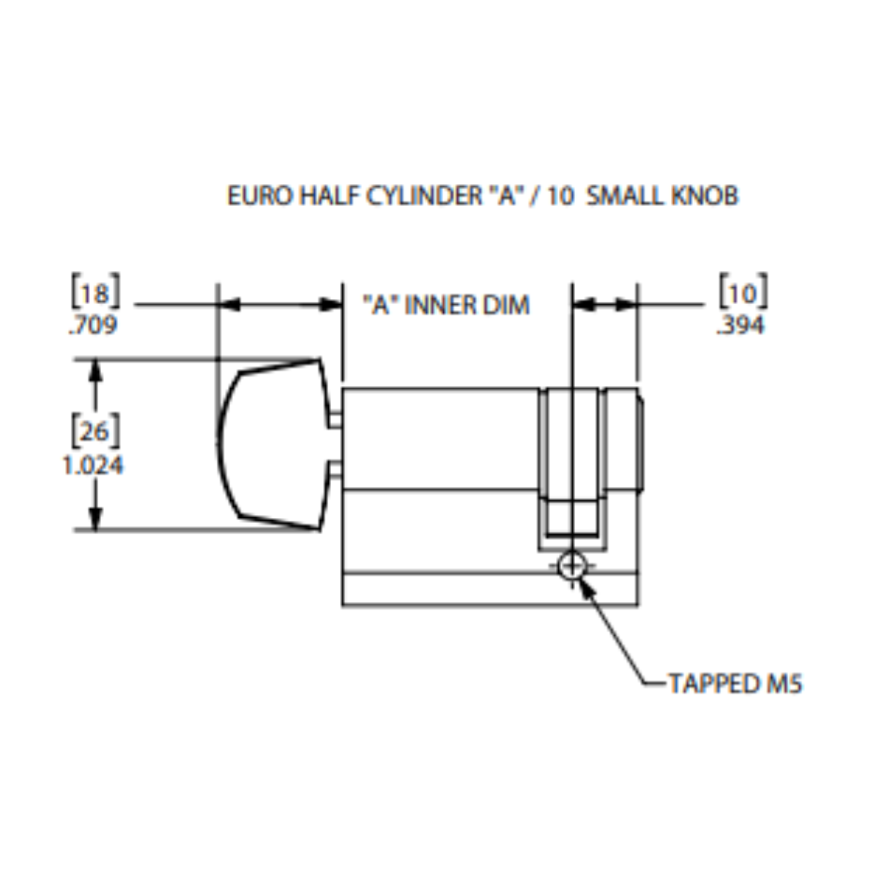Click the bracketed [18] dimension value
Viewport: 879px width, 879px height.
[94, 293]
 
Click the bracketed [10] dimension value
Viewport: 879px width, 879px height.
[743, 293]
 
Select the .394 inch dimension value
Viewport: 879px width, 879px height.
[741, 325]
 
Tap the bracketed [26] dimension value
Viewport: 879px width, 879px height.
[94, 431]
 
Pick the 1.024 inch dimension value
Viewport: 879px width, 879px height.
[93, 465]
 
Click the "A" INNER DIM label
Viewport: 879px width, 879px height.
[446, 305]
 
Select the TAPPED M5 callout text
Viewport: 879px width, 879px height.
[735, 683]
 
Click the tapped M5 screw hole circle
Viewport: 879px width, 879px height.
[571, 566]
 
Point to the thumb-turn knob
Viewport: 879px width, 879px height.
[271, 445]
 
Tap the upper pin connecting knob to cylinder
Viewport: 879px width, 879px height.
[335, 418]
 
